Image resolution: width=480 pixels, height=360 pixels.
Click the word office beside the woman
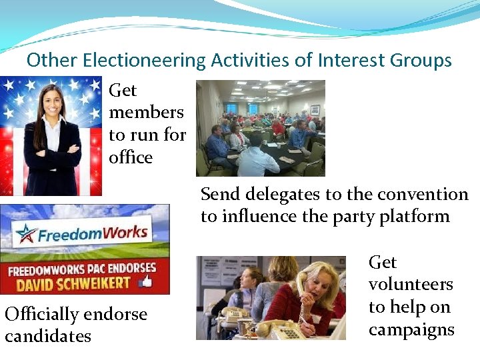click(131, 157)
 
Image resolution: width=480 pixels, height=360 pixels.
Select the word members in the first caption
click(146, 112)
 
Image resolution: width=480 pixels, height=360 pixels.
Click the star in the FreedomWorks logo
click(27, 234)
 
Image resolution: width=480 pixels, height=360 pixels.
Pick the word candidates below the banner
click(48, 336)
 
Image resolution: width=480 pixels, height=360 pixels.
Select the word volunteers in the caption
click(411, 285)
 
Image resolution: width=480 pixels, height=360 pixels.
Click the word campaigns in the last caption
click(411, 329)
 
